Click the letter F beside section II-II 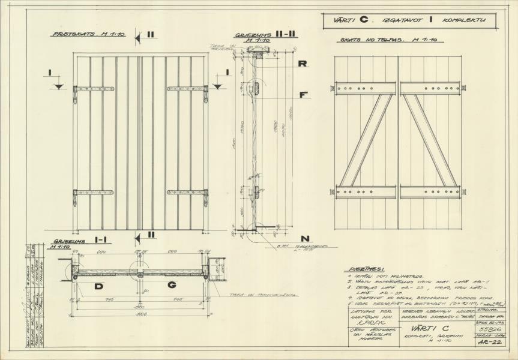304,95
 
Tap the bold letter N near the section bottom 306,238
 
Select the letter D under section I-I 98,286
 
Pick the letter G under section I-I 172,286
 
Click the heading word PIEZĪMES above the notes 367,269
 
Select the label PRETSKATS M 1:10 89,35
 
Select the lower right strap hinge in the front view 188,193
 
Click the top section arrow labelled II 145,37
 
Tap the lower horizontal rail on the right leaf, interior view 430,192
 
